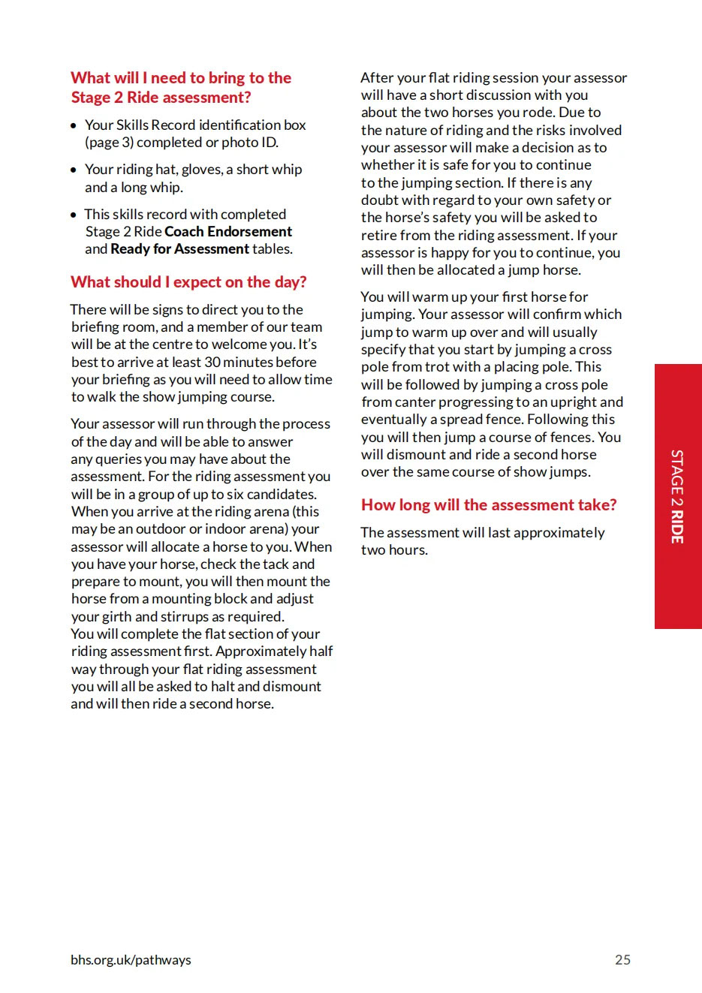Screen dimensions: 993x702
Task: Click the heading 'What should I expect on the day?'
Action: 188,282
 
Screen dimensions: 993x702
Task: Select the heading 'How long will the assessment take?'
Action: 489,505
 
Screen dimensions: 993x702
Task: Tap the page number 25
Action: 622,959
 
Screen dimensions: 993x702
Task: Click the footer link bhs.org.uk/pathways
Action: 131,959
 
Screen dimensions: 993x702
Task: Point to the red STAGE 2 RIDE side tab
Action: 677,496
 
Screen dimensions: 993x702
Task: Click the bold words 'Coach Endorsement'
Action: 228,232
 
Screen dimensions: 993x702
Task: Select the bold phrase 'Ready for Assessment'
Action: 179,249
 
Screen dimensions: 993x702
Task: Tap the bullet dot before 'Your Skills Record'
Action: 74,126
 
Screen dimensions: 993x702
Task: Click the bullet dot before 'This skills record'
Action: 74,215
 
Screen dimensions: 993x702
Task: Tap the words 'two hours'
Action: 394,550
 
